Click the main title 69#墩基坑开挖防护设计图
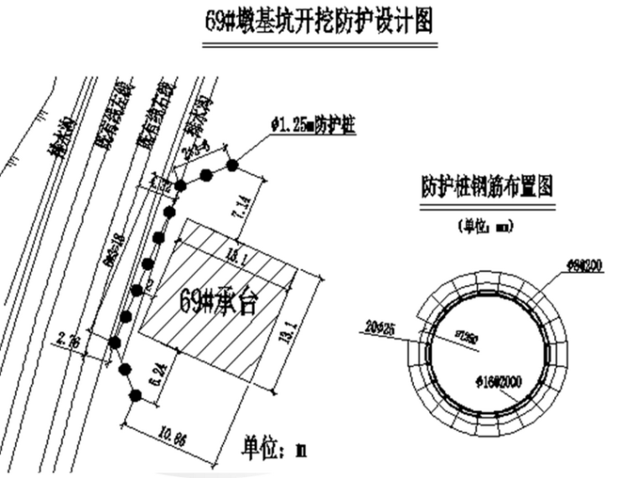(x=319, y=22)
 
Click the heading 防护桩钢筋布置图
(x=487, y=186)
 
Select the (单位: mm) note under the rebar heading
(x=485, y=225)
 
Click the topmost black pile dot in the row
(x=232, y=165)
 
